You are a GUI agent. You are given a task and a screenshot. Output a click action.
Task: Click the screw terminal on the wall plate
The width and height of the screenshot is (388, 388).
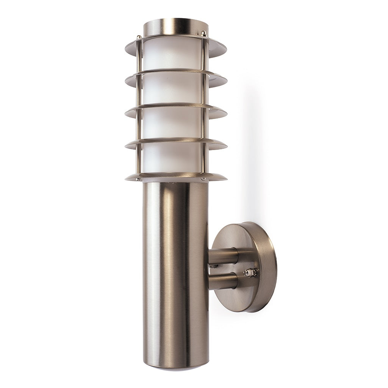click(x=250, y=272)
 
